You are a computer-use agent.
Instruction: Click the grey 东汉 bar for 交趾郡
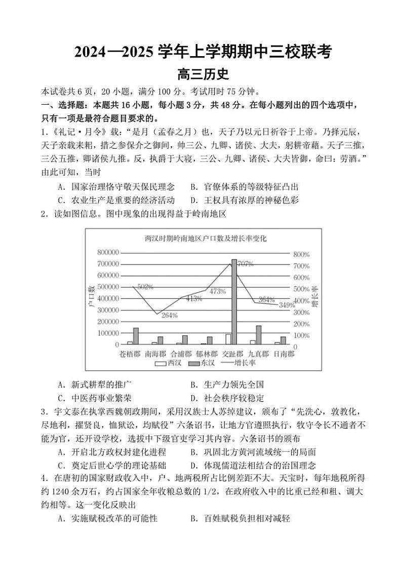tap(234, 302)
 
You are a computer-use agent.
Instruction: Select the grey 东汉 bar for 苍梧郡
tap(136, 336)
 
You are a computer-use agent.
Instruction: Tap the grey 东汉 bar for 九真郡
tap(259, 335)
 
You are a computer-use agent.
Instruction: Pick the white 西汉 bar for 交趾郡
tap(228, 339)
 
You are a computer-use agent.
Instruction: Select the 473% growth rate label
tap(217, 291)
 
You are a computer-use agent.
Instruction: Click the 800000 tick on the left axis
tap(105, 252)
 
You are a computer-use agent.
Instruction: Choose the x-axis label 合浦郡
tap(181, 354)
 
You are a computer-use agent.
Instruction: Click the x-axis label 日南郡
tap(284, 354)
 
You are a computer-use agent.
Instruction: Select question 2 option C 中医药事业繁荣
tap(98, 398)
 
